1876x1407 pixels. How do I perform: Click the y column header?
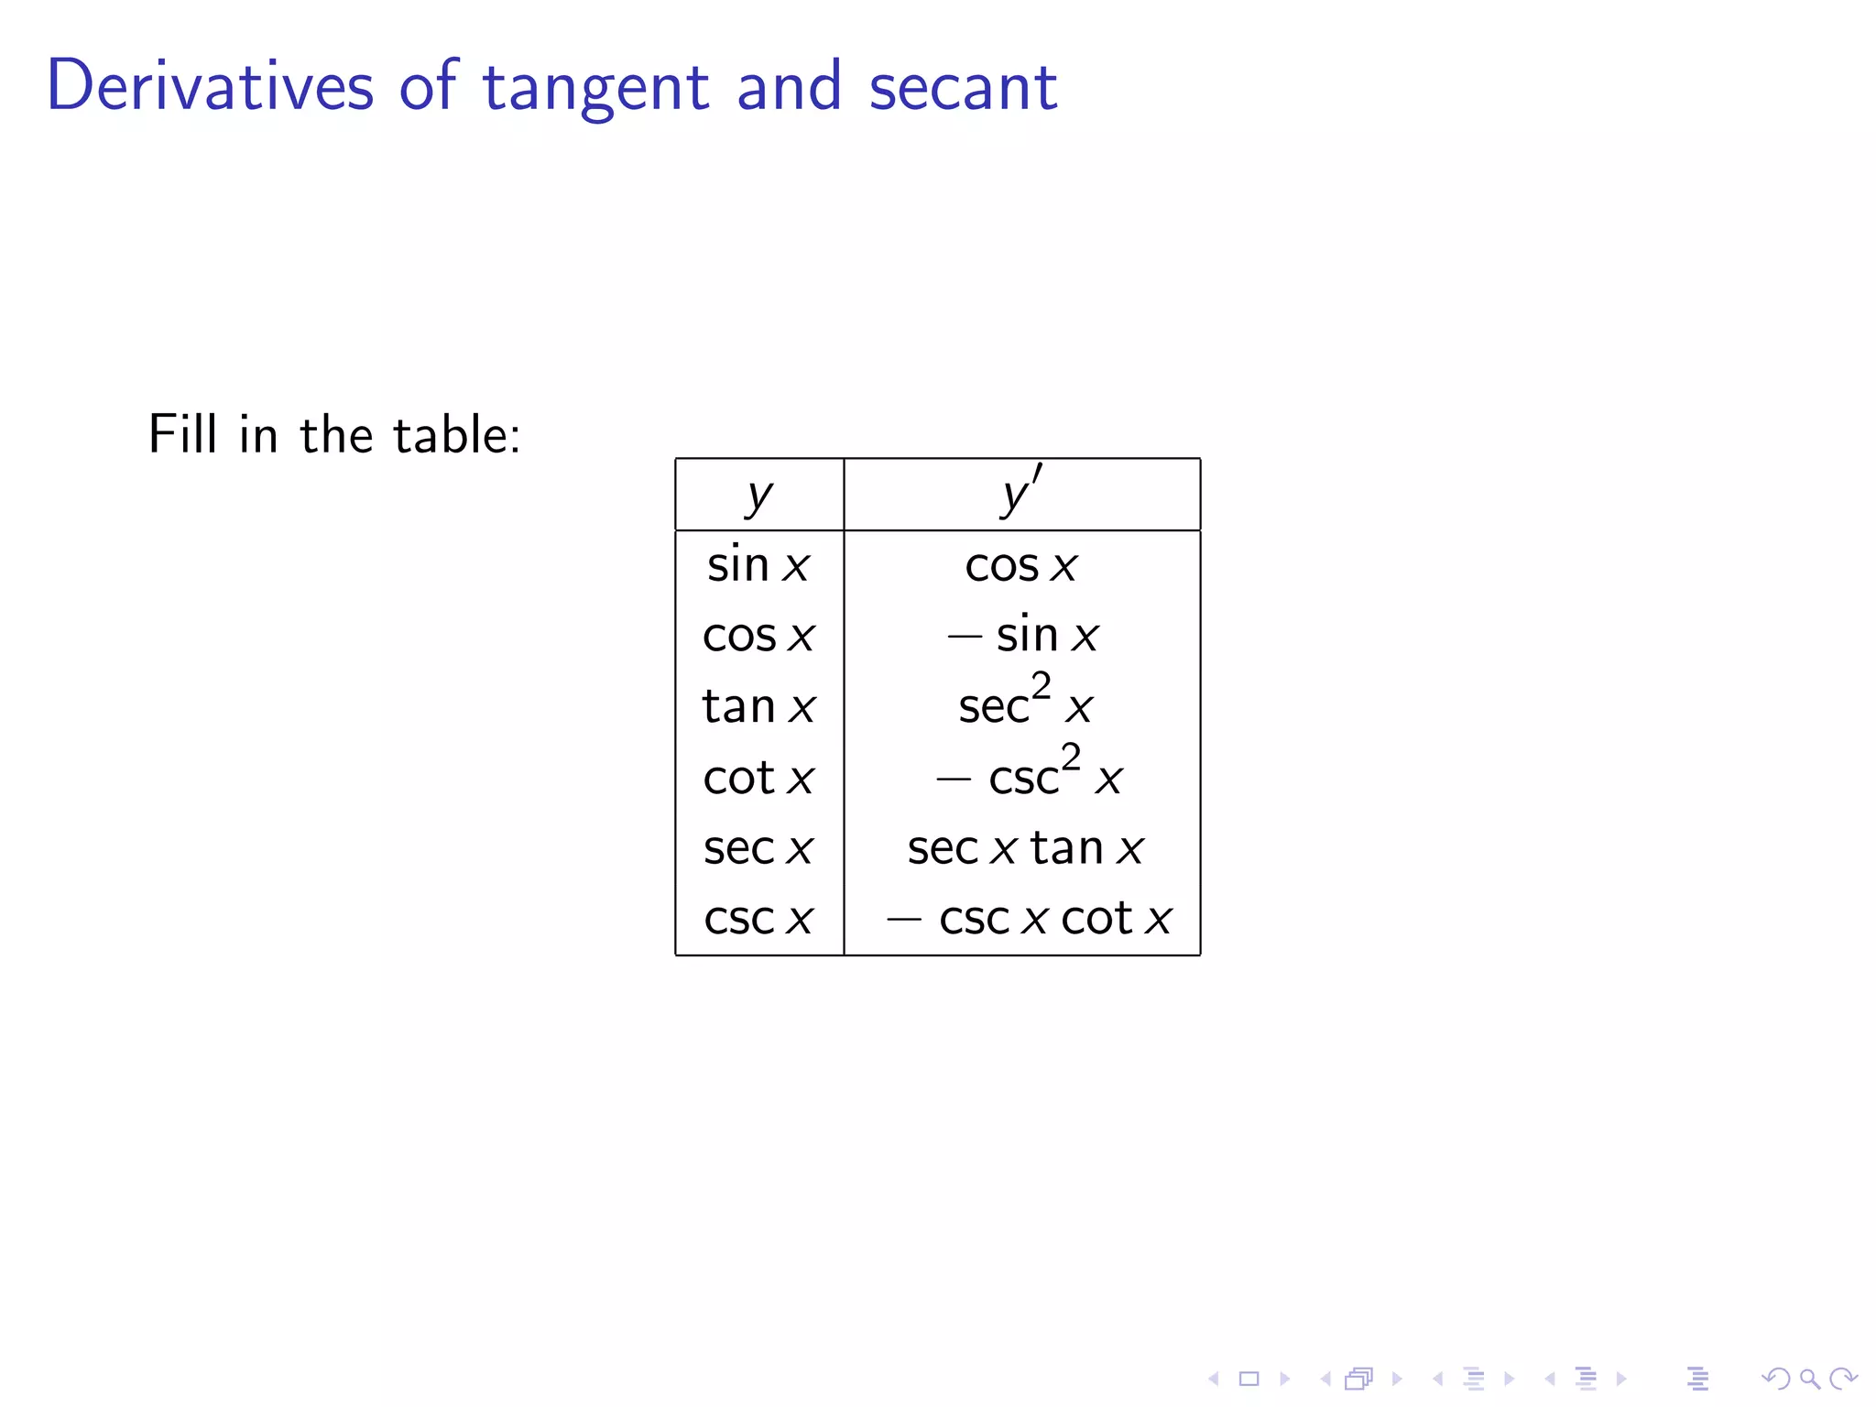point(759,496)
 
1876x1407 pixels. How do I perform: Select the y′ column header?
point(1021,493)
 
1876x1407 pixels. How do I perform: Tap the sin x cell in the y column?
point(758,564)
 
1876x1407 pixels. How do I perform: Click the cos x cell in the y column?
point(758,636)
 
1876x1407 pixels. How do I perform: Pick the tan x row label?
point(758,706)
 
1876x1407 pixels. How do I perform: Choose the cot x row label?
point(758,778)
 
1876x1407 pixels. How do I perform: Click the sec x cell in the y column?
point(758,848)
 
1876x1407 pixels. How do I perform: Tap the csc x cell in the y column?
point(758,919)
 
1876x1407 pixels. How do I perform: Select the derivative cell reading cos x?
point(1021,565)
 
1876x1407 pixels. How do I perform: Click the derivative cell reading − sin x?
point(1022,635)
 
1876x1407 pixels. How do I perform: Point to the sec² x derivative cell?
point(1025,703)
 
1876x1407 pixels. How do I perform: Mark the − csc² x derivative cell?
point(1028,774)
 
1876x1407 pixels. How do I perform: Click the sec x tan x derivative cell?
point(1025,848)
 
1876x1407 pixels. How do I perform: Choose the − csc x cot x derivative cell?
point(1028,919)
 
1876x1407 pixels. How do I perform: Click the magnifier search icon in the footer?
point(1809,1379)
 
